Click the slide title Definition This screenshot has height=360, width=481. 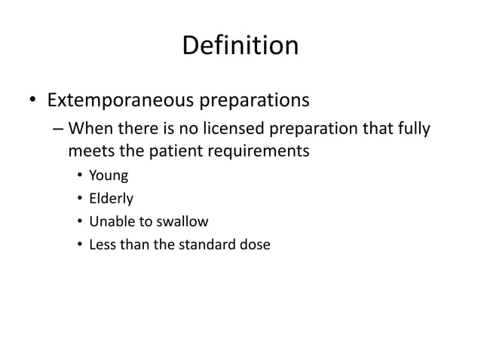[240, 46]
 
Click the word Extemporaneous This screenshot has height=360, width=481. [123, 100]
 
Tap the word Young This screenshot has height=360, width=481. [109, 178]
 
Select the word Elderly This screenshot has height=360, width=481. [111, 200]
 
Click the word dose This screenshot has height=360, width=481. [254, 244]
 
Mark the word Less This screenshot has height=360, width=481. [102, 244]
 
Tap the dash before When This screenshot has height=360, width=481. [58, 130]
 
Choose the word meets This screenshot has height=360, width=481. [90, 151]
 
